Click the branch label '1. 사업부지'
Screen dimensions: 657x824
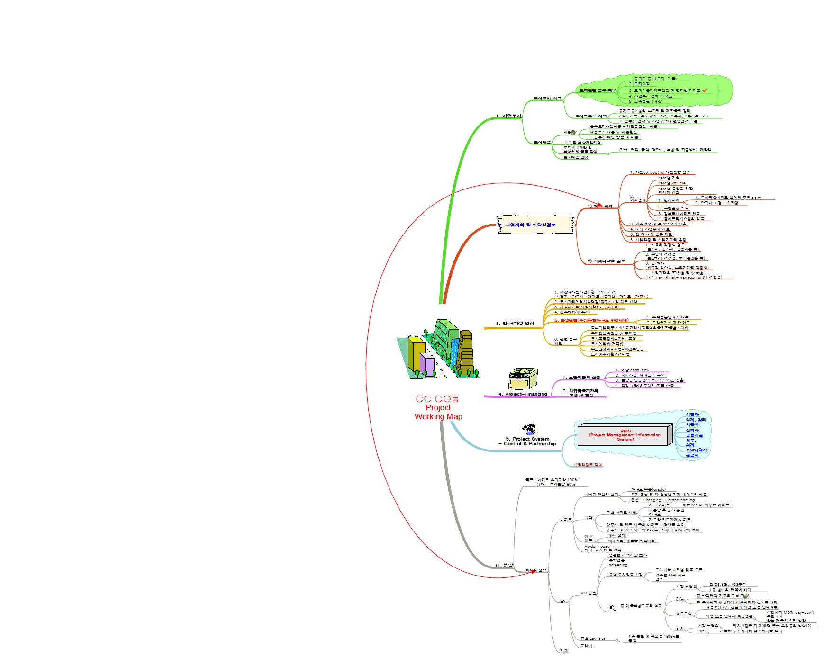coord(508,116)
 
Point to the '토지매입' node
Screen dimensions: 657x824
coord(542,142)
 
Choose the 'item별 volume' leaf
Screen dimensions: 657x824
coord(672,183)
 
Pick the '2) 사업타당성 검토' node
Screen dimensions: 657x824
coord(606,261)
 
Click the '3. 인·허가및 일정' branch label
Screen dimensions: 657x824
coord(515,324)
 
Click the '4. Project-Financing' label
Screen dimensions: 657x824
coord(523,394)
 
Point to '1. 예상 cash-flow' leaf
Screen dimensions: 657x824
coord(632,370)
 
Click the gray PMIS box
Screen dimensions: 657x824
coord(625,435)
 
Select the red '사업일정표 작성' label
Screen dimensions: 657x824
coord(588,465)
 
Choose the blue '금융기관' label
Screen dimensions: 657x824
coord(694,435)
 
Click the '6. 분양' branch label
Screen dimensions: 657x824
coord(504,565)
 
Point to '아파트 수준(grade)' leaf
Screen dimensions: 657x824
coord(648,489)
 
